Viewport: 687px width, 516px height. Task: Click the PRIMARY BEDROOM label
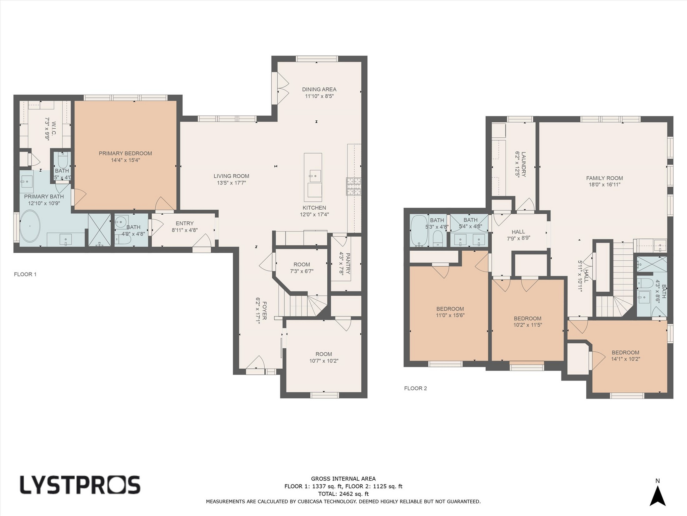[125, 154]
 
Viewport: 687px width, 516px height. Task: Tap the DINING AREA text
[319, 89]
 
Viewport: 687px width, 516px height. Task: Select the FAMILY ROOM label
[604, 178]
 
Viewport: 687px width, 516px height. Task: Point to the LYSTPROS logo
[80, 485]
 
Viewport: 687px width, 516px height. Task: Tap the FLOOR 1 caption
[25, 274]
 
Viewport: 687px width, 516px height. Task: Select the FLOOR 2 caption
[416, 388]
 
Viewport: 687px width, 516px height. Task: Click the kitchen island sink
[315, 176]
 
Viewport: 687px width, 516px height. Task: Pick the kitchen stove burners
[354, 186]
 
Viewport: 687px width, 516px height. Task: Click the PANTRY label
[348, 264]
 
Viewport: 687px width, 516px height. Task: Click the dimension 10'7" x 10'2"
[324, 361]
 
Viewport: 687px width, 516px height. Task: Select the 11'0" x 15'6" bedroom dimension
[450, 315]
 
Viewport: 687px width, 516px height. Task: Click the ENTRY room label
[184, 223]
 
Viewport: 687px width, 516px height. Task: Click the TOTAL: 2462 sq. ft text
[343, 494]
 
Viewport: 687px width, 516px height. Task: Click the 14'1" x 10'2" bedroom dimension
[626, 359]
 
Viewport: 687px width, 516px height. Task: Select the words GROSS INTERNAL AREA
[343, 479]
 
